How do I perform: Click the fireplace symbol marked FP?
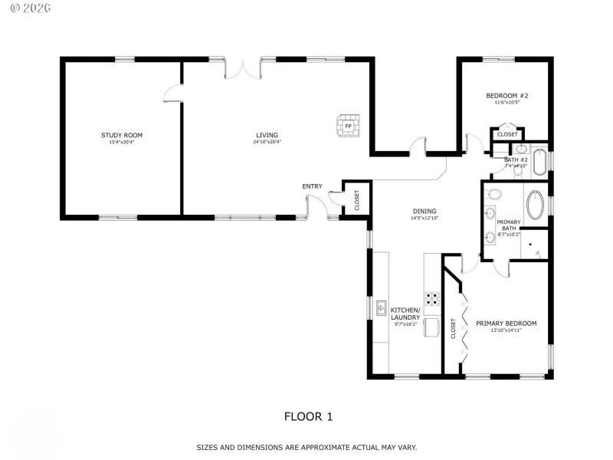pos(348,126)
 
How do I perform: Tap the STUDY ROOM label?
pos(122,135)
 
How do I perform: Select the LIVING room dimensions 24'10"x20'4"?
pos(267,142)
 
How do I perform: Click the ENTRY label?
pos(312,186)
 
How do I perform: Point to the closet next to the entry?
pos(356,199)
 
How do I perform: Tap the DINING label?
pos(425,211)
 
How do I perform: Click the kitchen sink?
pos(381,308)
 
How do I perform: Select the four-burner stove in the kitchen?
pos(433,298)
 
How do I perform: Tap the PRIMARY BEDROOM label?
pos(506,323)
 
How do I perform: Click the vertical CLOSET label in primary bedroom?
pos(453,328)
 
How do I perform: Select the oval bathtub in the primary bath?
pos(536,205)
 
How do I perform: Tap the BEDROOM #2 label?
pos(507,96)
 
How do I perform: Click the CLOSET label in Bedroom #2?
pos(507,134)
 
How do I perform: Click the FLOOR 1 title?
pos(309,417)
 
